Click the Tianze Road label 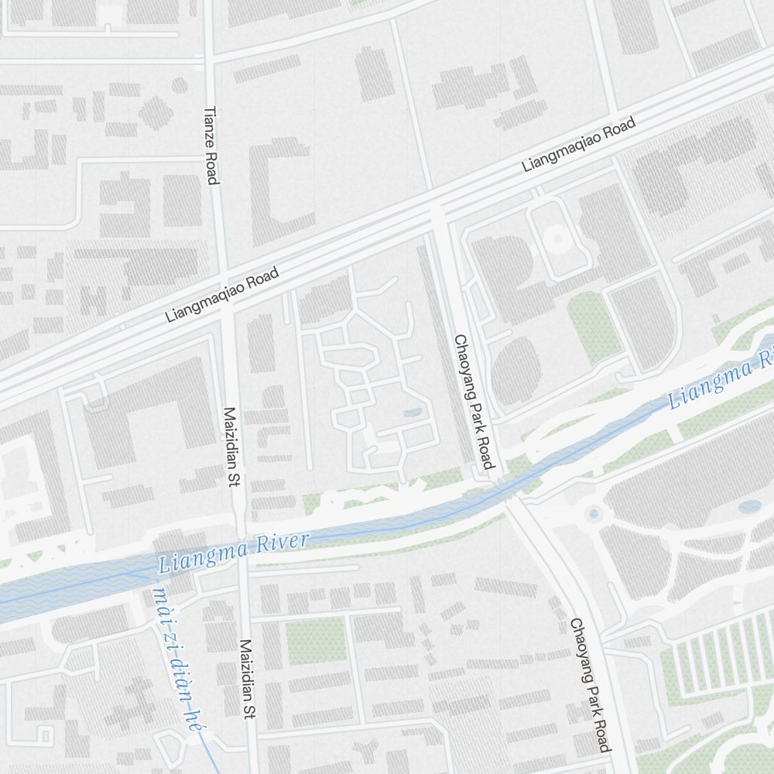click(211, 146)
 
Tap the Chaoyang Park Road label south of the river click(590, 684)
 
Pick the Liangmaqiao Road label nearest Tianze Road click(222, 295)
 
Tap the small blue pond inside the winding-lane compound click(413, 413)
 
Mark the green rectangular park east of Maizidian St click(316, 640)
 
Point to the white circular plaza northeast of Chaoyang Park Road click(556, 240)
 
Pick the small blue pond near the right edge click(748, 507)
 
